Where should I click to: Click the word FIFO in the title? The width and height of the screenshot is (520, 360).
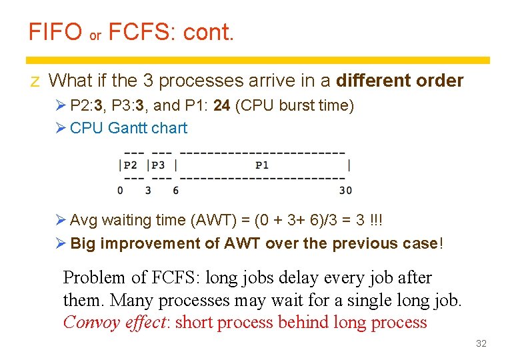[55, 31]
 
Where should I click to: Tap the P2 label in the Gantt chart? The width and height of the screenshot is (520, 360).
[131, 165]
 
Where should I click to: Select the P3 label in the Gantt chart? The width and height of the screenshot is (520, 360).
[159, 165]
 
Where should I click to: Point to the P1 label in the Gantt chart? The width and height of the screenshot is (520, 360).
[262, 165]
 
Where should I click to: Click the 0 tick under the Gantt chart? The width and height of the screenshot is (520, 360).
[120, 191]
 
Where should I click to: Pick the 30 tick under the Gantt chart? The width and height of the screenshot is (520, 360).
[345, 191]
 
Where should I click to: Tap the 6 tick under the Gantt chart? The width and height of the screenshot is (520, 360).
[175, 191]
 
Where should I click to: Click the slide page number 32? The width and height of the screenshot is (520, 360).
[481, 343]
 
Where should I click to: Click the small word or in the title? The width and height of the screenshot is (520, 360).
[95, 36]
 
